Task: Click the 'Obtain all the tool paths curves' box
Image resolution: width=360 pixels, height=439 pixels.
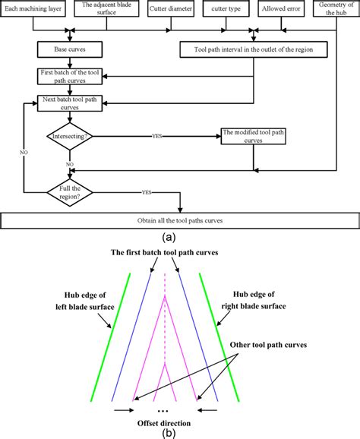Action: [x=178, y=220]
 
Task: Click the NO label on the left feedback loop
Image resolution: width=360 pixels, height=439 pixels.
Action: [x=23, y=152]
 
